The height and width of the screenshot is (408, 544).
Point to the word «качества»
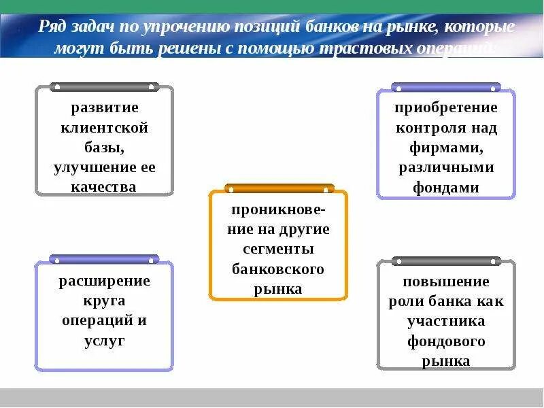click(104, 187)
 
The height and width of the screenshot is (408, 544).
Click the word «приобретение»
click(445, 107)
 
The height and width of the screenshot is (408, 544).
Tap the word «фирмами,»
click(445, 147)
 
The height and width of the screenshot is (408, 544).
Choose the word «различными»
click(445, 167)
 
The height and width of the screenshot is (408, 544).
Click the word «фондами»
click(445, 187)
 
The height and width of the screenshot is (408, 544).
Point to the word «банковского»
click(278, 269)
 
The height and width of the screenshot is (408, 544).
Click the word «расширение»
click(104, 281)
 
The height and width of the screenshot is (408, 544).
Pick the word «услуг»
click(104, 341)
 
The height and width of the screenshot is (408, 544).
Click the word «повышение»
click(445, 281)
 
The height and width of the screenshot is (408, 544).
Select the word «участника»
click(445, 320)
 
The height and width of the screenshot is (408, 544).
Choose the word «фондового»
click(445, 341)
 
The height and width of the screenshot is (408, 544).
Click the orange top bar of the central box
click(279, 188)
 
